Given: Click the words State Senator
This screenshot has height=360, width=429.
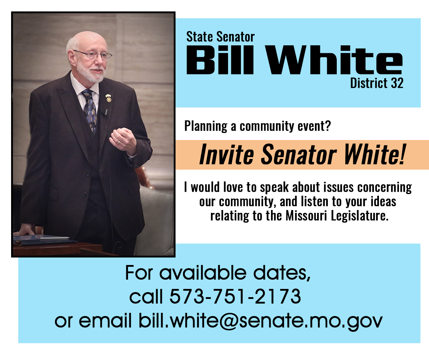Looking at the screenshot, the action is [220, 37].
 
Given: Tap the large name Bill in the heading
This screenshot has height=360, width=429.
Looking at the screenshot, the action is [220, 60].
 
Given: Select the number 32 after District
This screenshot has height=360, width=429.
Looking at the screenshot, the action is [397, 83].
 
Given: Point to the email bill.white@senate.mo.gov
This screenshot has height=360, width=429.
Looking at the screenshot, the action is [261, 321].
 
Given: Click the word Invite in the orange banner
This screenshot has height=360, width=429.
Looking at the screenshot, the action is [226, 154].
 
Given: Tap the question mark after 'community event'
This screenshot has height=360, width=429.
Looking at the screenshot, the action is [328, 126].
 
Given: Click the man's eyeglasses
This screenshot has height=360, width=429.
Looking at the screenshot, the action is [93, 54].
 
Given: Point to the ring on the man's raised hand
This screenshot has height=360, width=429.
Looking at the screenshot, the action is [119, 142].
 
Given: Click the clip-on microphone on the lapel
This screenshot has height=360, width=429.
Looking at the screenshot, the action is [105, 112].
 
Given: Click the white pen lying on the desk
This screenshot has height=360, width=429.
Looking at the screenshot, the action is [55, 237].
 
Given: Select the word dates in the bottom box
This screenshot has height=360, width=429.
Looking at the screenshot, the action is [281, 273].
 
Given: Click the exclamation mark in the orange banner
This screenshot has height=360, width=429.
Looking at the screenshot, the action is [403, 154].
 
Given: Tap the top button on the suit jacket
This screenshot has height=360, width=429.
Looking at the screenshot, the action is [87, 174].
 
